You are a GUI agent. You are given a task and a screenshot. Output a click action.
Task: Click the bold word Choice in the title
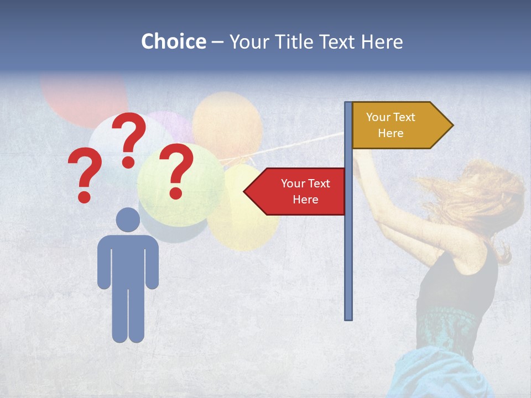pyautogui.click(x=173, y=42)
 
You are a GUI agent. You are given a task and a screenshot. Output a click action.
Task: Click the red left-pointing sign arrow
pyautogui.click(x=296, y=191)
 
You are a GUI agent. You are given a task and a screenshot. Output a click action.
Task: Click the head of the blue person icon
pyautogui.click(x=128, y=219)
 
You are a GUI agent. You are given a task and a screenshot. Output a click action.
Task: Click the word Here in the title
pyautogui.click(x=381, y=42)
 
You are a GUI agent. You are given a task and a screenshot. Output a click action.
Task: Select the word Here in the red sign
pyautogui.click(x=305, y=200)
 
